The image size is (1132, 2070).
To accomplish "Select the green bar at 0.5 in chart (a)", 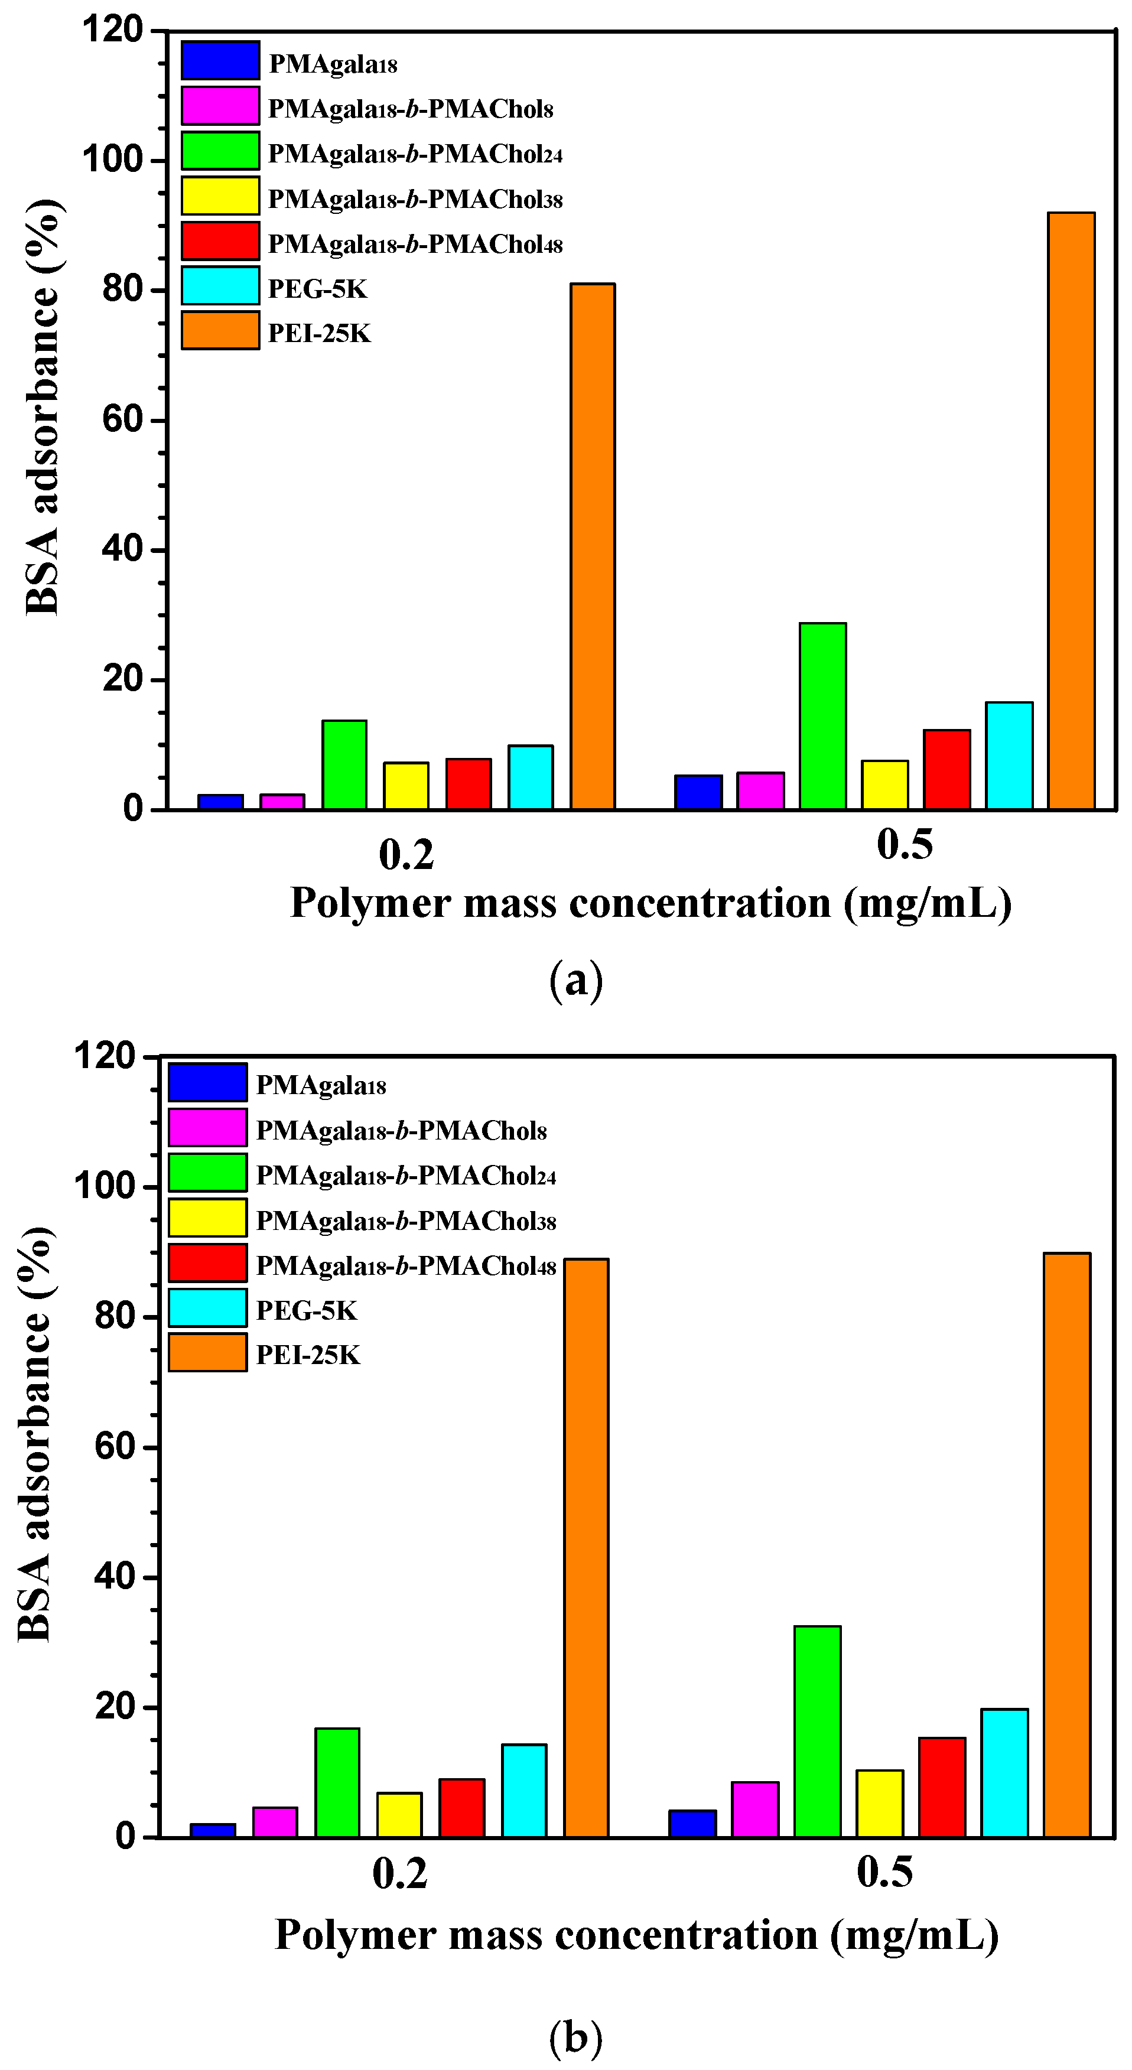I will point(822,716).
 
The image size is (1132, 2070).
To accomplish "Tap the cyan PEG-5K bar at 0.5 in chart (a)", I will point(1009,756).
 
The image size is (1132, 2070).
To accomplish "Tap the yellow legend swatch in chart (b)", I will point(207,1218).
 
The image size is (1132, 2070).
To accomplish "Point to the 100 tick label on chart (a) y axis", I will point(112,160).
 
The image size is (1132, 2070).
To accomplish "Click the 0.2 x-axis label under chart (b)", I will point(400,1874).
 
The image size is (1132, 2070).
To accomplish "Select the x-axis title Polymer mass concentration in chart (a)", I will point(650,903).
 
